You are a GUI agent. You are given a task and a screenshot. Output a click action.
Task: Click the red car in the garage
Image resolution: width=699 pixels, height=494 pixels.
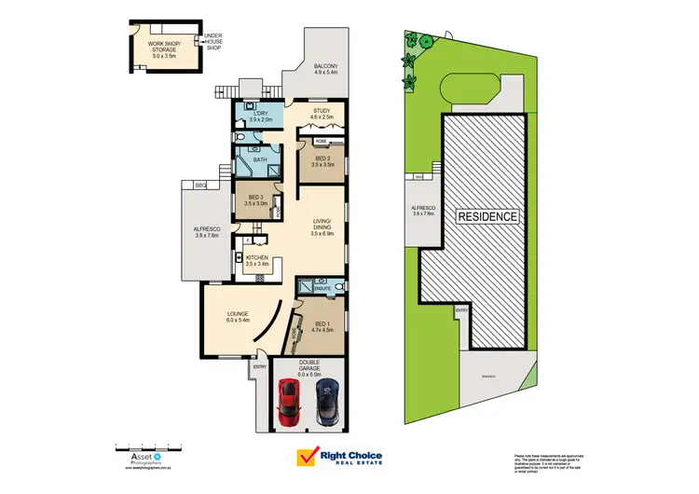[290, 400]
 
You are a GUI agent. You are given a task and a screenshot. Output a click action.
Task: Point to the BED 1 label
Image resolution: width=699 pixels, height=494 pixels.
[322, 325]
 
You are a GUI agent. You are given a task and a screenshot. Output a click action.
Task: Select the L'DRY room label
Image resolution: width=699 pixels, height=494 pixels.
[260, 116]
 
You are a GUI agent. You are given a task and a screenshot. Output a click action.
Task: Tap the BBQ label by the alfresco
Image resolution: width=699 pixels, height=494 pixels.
[199, 185]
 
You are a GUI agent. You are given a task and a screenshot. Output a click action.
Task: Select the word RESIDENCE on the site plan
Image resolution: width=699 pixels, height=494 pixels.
[487, 216]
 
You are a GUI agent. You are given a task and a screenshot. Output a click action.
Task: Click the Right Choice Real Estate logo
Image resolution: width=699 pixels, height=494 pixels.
[340, 457]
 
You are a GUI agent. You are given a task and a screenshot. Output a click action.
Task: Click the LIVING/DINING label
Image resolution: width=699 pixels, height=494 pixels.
[322, 224]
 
